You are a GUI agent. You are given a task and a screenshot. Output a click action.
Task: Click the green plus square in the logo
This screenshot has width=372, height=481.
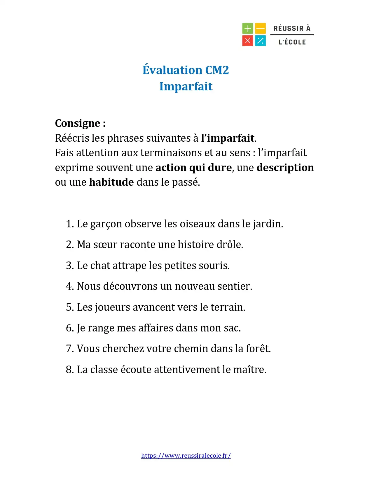coord(247,29)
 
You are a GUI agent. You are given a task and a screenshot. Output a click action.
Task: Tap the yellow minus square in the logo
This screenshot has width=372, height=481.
coord(261,29)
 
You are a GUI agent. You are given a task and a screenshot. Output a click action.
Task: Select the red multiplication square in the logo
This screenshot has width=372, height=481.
coord(247,41)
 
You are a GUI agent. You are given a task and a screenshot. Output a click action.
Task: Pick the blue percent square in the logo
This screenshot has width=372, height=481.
coord(261,41)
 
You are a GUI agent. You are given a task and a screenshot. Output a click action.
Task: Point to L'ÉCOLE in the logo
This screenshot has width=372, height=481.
coord(292,42)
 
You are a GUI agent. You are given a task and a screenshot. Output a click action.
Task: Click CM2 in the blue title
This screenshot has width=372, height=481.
coord(217,70)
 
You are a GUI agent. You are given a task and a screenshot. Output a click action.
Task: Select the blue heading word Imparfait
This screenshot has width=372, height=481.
coord(186,87)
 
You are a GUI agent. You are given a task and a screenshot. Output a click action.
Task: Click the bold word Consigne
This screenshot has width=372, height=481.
coord(78,123)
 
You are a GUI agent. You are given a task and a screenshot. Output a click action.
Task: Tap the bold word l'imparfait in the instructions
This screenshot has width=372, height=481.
coord(228,138)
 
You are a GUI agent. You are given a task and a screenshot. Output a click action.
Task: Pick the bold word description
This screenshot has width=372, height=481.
coord(285,168)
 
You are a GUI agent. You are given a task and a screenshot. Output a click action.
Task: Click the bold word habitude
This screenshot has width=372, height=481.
coord(111,182)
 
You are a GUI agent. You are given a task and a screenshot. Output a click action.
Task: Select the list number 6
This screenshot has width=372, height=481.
coord(69,328)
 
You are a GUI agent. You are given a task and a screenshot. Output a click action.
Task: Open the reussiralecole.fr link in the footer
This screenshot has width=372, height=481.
coord(186,456)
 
